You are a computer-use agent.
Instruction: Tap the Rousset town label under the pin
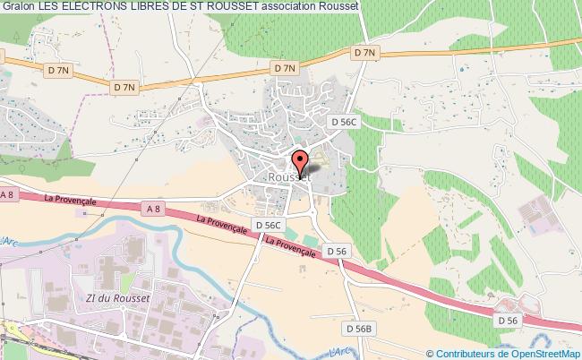coord(289,177)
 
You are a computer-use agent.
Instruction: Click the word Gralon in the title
coord(17,6)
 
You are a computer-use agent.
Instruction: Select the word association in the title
coord(296,6)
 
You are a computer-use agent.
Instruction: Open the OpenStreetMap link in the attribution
coord(532,352)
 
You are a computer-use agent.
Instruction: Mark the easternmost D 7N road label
coord(364,54)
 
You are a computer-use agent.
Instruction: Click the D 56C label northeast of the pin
coord(343,123)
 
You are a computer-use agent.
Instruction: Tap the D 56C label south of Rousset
coord(268,225)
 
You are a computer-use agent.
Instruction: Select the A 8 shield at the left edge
coord(8,194)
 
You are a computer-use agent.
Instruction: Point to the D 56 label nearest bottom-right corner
coord(508,319)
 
